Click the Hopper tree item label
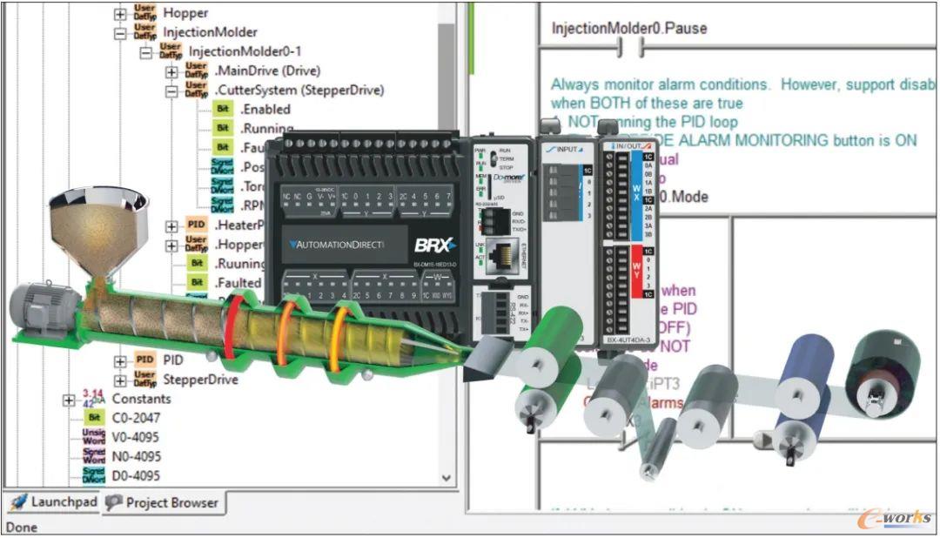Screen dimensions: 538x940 [185, 13]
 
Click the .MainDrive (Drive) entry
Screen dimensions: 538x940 [267, 71]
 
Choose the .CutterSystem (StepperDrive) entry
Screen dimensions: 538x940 [299, 90]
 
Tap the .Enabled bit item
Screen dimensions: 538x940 [265, 109]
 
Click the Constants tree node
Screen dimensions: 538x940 [141, 399]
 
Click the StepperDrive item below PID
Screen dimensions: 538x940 [200, 380]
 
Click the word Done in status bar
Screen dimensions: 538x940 [21, 527]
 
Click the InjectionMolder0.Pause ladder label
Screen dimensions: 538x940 [628, 29]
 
